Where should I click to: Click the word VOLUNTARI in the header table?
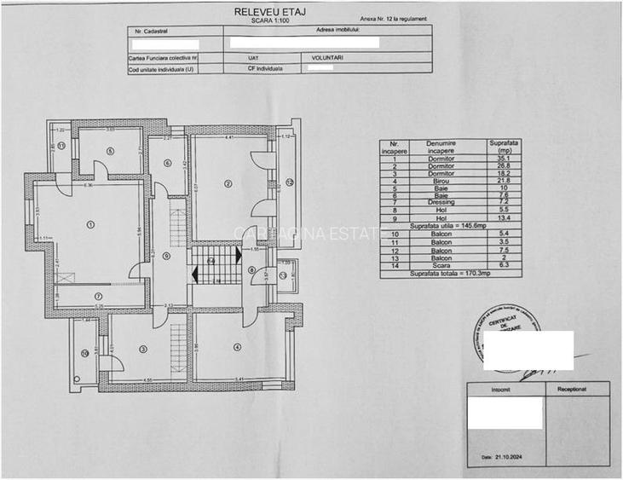(326, 58)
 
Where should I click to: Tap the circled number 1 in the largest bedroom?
(90, 224)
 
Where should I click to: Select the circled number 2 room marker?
(228, 182)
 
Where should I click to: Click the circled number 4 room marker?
(238, 346)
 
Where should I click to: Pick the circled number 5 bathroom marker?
(111, 151)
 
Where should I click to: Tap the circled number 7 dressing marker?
(98, 296)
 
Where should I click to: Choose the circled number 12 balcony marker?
(289, 182)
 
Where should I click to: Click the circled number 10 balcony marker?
(84, 353)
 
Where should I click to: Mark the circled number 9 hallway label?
(166, 255)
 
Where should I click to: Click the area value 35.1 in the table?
(503, 159)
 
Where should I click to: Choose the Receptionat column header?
(572, 388)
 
